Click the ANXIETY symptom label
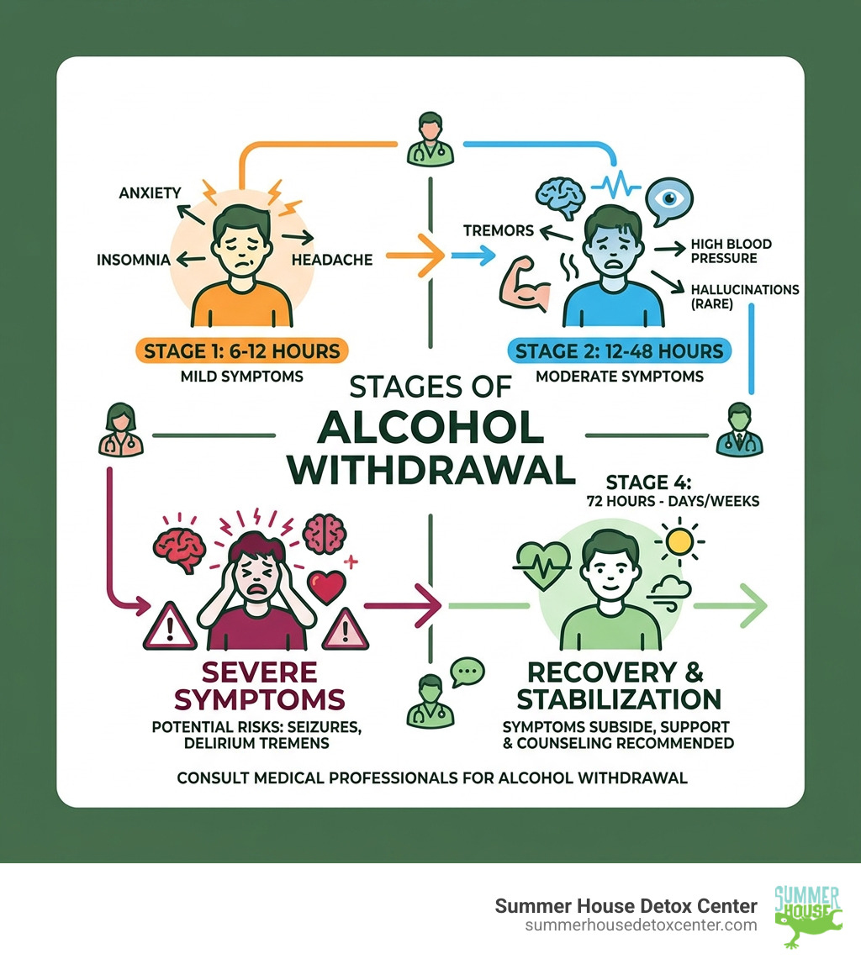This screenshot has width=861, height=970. [149, 192]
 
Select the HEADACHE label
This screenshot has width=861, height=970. [332, 260]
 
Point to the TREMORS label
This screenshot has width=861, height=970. [498, 230]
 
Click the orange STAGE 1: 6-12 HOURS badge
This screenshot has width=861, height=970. [242, 351]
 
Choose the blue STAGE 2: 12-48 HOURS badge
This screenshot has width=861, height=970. [620, 351]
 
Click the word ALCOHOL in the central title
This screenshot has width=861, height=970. [430, 428]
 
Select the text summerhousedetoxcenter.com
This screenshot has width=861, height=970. [641, 925]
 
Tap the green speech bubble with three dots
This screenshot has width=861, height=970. [467, 672]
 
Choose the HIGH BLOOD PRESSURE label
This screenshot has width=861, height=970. [731, 250]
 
